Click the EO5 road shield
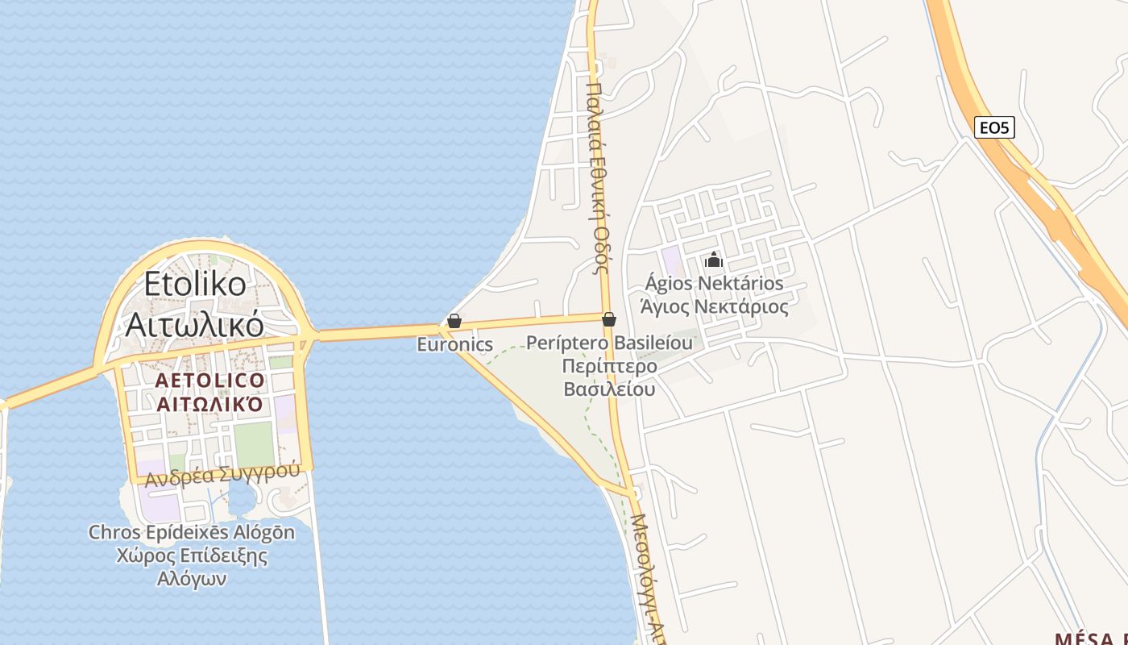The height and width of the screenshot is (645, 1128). tap(994, 127)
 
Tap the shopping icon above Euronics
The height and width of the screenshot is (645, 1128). tap(454, 321)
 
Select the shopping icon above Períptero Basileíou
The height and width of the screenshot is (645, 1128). tap(609, 319)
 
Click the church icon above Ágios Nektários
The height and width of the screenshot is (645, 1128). tap(714, 260)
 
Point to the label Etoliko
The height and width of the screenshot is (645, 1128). tap(195, 284)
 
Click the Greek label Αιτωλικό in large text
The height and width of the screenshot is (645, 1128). tap(195, 324)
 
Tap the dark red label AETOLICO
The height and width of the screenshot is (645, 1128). tap(209, 381)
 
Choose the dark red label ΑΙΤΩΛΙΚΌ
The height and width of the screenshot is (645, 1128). tap(209, 404)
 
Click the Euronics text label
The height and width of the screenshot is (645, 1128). tap(454, 344)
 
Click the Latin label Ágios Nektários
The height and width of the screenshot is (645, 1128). tap(714, 284)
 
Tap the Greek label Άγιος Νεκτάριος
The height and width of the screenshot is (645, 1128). tap(714, 306)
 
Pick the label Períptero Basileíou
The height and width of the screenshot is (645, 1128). tap(609, 343)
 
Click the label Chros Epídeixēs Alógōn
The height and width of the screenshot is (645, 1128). tap(192, 532)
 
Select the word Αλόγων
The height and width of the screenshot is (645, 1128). tap(192, 579)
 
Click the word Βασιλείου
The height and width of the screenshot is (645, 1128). tap(609, 389)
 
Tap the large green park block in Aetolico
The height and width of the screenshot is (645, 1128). tap(254, 443)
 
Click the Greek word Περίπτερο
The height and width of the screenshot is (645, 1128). tap(609, 367)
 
